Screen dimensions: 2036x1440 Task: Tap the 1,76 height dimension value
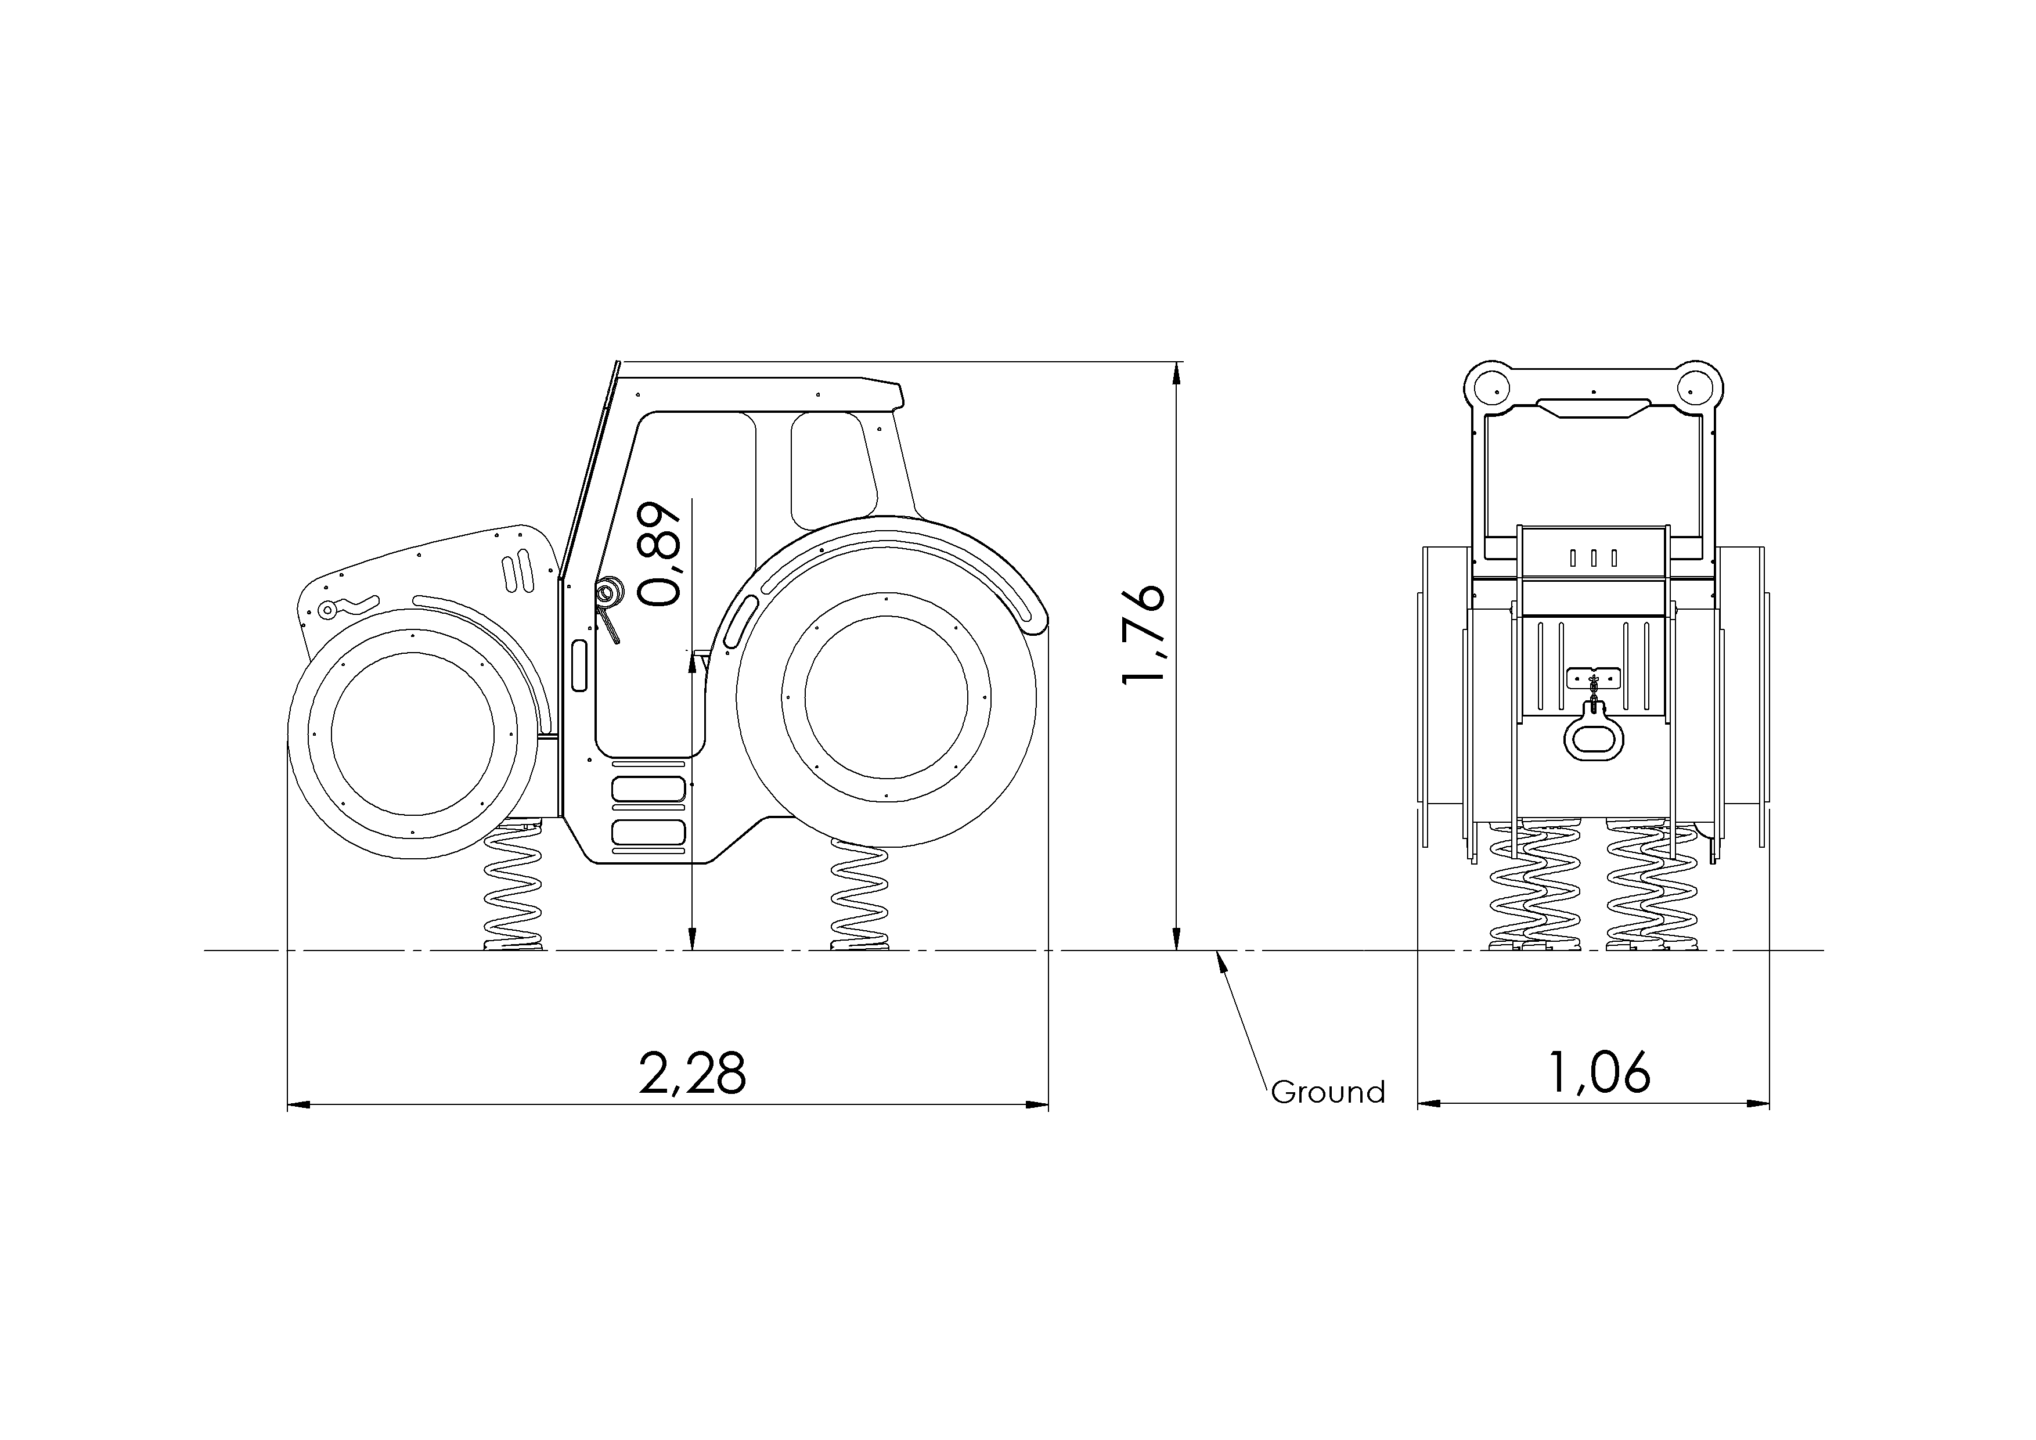coord(1141,634)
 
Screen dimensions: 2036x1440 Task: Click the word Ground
coord(1328,1092)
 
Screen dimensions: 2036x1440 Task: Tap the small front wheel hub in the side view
coord(412,733)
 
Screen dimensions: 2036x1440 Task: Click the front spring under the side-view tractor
coord(513,887)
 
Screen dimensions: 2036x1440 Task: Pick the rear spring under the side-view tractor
coord(859,895)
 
